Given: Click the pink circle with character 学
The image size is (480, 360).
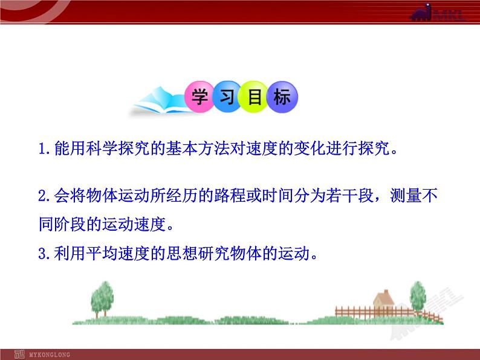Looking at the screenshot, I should coord(200,98).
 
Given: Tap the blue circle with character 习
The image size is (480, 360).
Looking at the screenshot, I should coord(227,98).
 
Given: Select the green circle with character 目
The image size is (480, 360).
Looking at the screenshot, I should coord(254,98).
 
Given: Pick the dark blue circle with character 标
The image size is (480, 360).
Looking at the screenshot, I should coord(282,98).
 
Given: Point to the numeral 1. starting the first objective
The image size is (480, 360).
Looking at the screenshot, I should coord(44,149).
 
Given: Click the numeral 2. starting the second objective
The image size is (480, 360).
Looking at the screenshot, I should coord(44,196).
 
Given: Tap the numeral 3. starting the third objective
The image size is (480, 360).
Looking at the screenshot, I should coord(44,254).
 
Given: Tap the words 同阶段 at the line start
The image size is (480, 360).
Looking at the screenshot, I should coord(59,226).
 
